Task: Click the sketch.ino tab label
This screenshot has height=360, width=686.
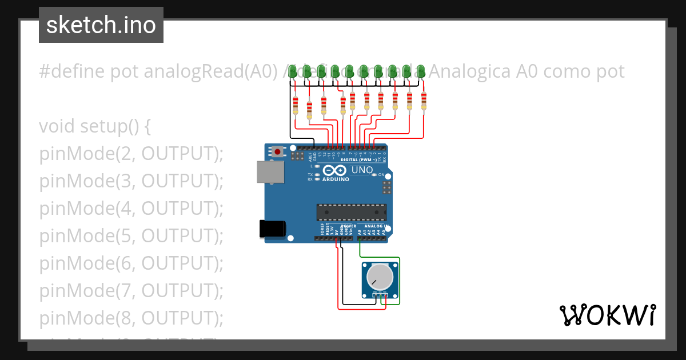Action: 101,25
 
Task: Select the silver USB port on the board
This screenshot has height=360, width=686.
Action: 270,171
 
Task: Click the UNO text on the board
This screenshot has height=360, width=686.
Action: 361,170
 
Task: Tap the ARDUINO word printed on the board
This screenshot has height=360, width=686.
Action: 336,179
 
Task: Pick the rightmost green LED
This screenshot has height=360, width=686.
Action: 421,71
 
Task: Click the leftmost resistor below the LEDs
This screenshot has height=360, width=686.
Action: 295,106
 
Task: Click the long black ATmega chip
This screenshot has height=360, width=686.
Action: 352,212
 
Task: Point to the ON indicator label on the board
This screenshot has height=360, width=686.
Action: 381,175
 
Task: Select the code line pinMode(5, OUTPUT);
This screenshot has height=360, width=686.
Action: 131,235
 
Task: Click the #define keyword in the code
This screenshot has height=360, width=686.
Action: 72,72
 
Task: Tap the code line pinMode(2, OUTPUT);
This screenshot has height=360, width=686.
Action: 131,154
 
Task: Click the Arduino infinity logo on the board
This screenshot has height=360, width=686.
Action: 334,170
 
